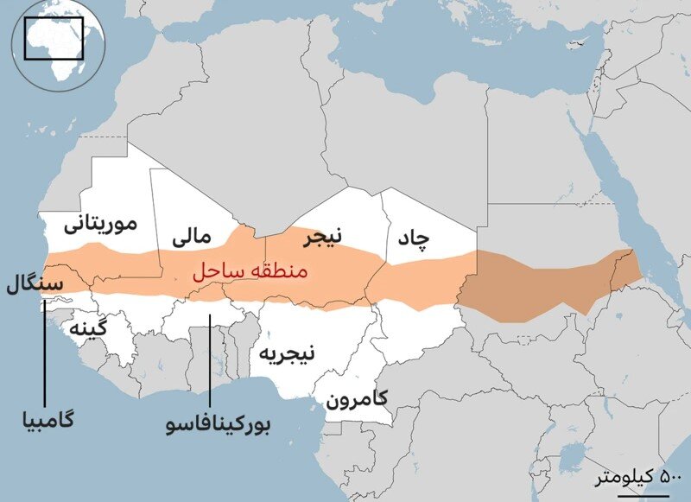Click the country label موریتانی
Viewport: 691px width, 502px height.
(100, 226)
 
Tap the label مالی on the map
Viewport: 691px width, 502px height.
(193, 235)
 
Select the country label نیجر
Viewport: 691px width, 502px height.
(321, 234)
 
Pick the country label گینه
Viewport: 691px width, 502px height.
(90, 329)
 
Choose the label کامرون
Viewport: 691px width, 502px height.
(356, 400)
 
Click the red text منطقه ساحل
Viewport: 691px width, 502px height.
(247, 271)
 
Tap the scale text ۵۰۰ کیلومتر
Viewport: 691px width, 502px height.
(638, 477)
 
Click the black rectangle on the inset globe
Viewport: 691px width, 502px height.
(54, 39)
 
